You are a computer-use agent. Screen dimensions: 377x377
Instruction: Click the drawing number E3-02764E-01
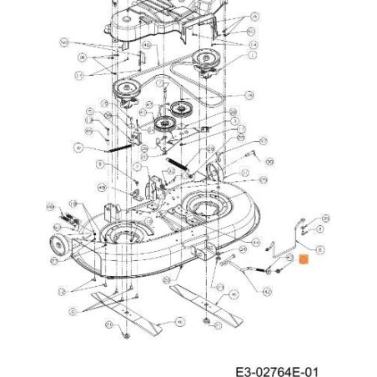coord(276,369)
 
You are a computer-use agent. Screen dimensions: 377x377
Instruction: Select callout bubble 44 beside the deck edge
coord(50,206)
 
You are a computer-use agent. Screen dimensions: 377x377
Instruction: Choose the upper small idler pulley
coord(178,109)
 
